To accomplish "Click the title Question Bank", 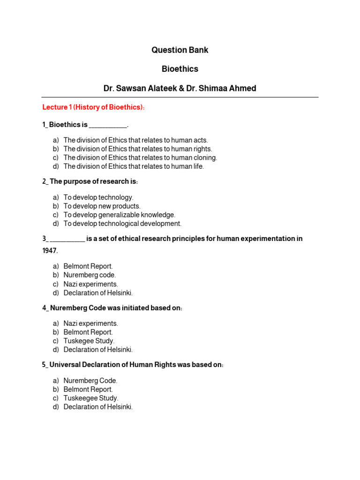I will [180, 50].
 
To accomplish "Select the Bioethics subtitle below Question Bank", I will [180, 69].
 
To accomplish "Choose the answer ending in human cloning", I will [140, 157].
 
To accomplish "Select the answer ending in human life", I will [134, 166].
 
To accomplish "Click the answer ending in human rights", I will [138, 149].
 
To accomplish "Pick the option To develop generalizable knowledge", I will [119, 215].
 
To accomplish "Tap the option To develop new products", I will [102, 206].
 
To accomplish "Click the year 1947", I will [50, 251].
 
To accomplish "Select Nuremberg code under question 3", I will [90, 275].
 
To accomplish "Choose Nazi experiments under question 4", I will [90, 323].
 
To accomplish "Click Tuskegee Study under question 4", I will [89, 341].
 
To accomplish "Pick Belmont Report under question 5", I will [88, 389].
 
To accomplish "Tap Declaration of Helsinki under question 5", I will [98, 407].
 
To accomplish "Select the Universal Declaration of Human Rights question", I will [133, 365].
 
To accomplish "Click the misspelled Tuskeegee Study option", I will [91, 398].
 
